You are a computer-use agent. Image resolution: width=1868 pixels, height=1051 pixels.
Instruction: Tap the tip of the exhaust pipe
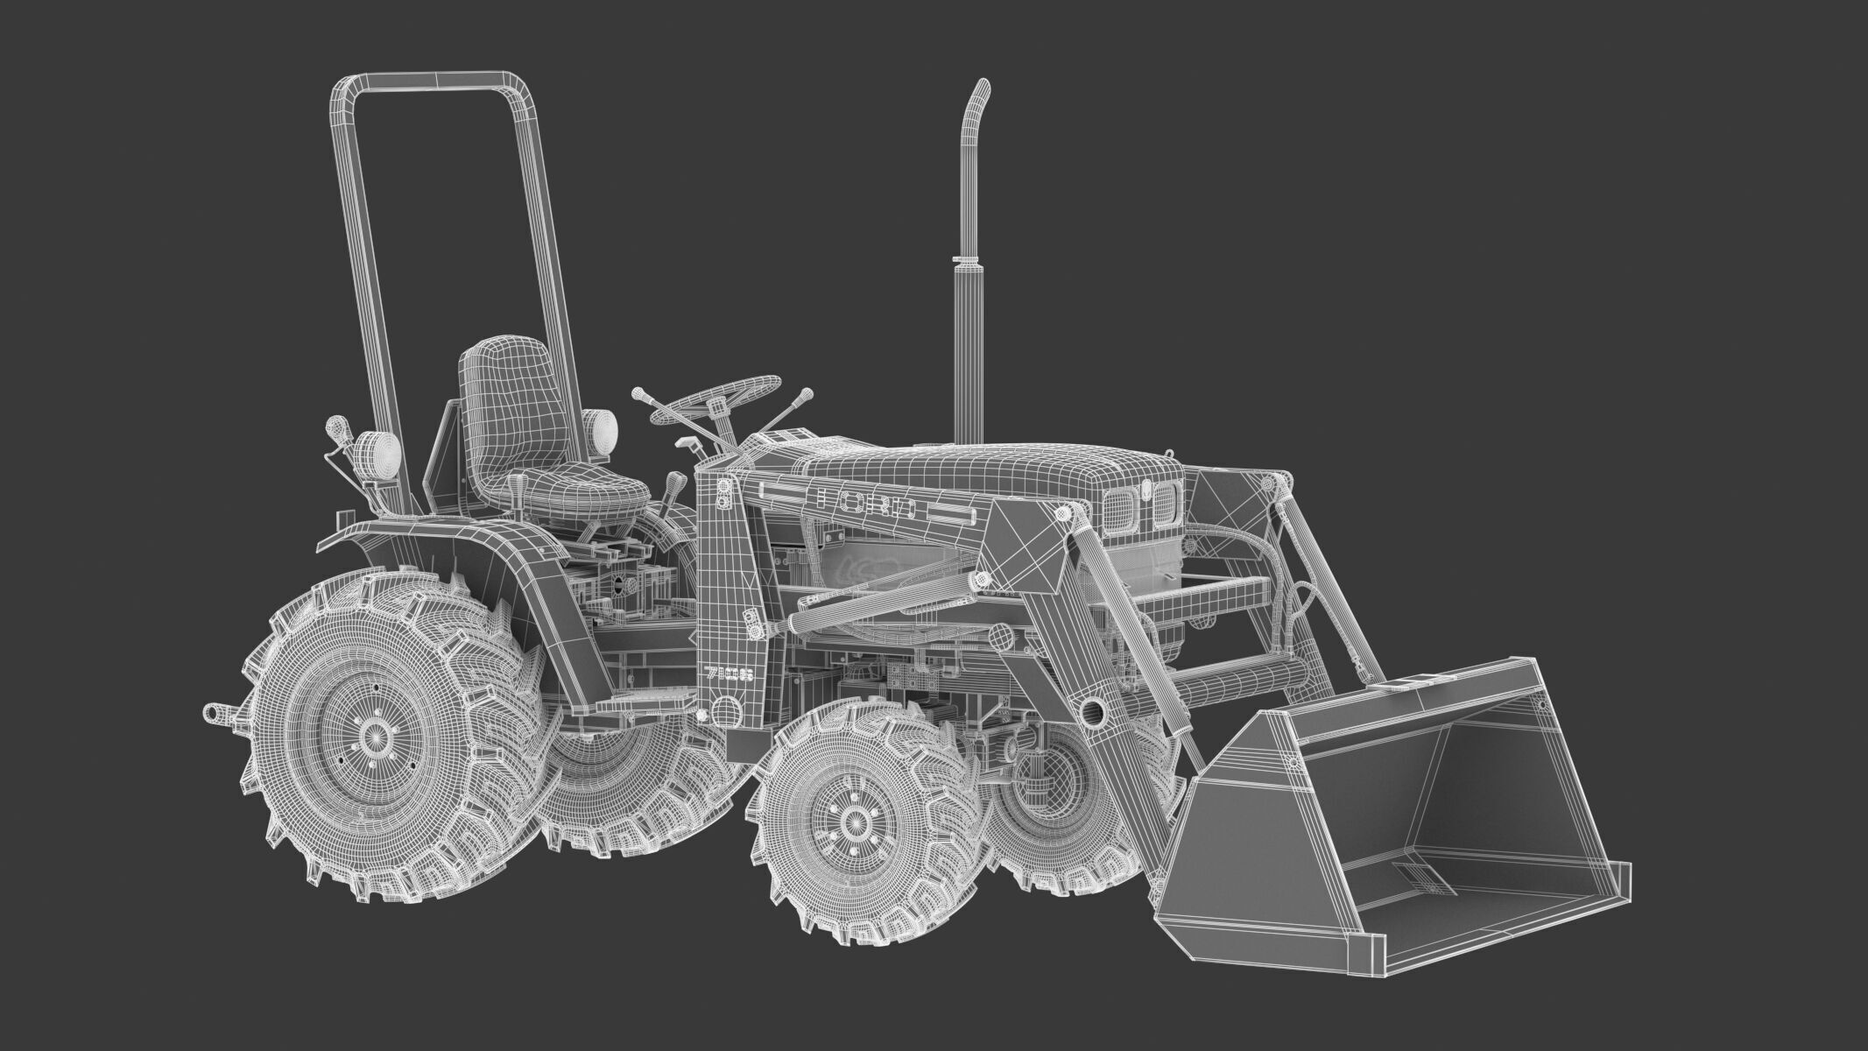983,88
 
